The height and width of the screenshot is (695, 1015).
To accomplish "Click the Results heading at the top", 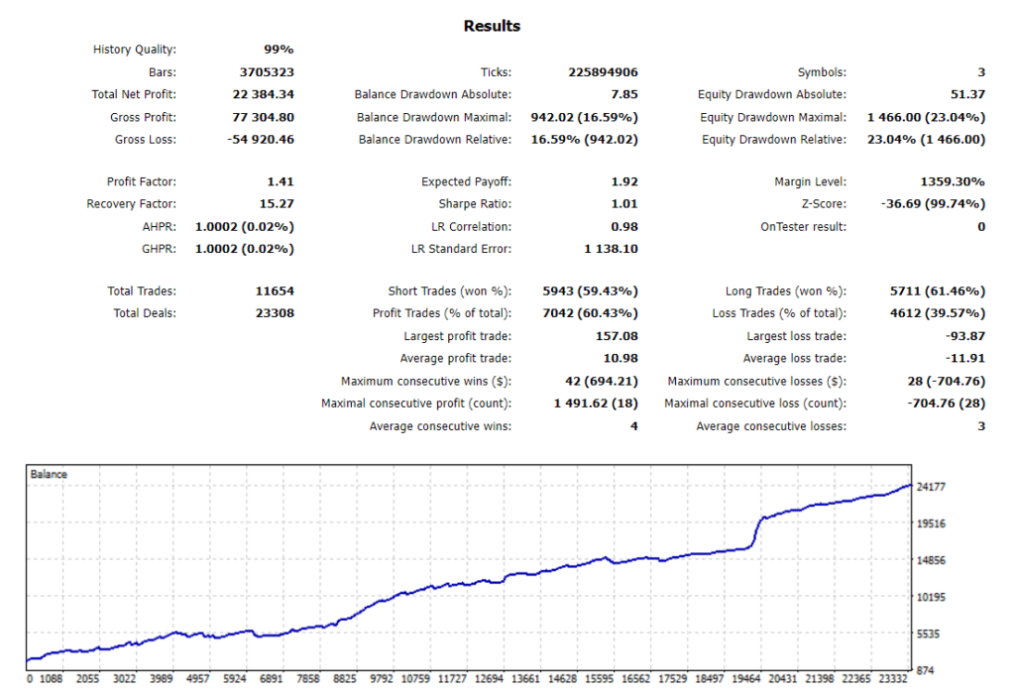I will pyautogui.click(x=492, y=26).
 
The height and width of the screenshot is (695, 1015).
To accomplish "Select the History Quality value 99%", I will pyautogui.click(x=278, y=50).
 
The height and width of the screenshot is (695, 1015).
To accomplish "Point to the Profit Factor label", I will pyautogui.click(x=141, y=181).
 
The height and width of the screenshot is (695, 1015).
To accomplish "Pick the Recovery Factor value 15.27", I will pyautogui.click(x=275, y=204).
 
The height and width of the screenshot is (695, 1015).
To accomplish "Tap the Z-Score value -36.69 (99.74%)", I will pyautogui.click(x=932, y=204).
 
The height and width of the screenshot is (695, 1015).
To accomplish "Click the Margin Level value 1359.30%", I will pyautogui.click(x=953, y=181).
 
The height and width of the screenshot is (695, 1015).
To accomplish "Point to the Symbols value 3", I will pyautogui.click(x=980, y=72).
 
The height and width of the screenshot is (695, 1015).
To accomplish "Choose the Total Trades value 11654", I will pyautogui.click(x=275, y=291).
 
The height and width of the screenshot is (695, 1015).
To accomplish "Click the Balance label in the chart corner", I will pyautogui.click(x=50, y=475).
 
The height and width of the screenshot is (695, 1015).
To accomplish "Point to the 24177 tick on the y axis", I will pyautogui.click(x=936, y=487).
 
